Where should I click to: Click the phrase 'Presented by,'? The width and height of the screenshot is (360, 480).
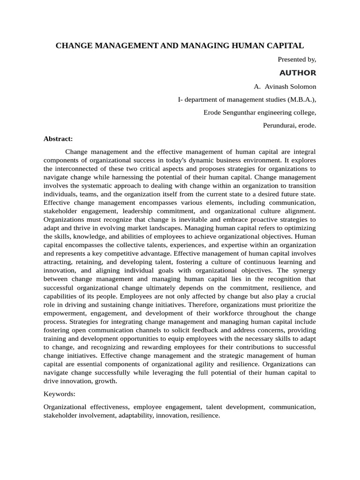[297, 60]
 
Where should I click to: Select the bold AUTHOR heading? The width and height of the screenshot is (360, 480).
[298, 73]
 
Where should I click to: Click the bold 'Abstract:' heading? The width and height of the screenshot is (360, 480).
[58, 139]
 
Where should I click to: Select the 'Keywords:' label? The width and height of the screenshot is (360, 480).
[59, 394]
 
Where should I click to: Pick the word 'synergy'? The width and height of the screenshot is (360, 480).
[302, 270]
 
